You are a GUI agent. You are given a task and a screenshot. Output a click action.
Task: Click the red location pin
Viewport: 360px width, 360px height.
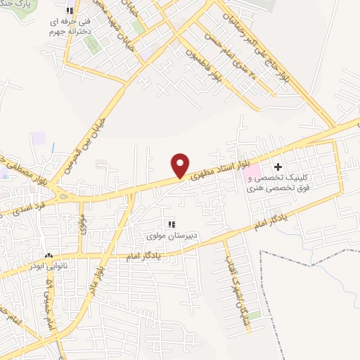tap(181, 165)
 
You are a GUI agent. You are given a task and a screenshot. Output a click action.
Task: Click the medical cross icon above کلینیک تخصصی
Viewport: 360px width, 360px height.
tap(278, 167)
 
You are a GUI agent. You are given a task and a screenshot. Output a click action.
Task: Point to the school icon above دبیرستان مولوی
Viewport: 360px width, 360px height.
tap(170, 224)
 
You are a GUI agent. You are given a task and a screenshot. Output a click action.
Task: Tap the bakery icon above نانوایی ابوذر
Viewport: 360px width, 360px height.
tap(48, 256)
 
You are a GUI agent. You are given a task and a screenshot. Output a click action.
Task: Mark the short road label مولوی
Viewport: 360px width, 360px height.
tap(82, 224)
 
